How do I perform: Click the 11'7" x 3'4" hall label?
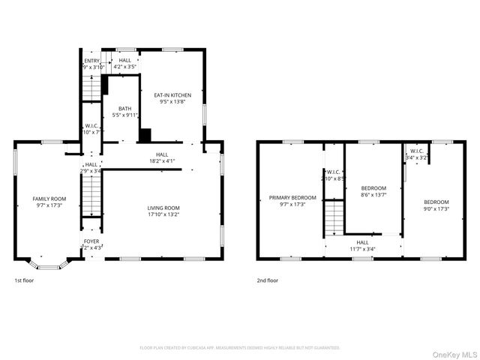363,245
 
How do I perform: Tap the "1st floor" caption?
24,280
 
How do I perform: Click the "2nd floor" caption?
268,280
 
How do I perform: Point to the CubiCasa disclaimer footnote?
240,348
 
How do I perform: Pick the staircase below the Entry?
90,87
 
